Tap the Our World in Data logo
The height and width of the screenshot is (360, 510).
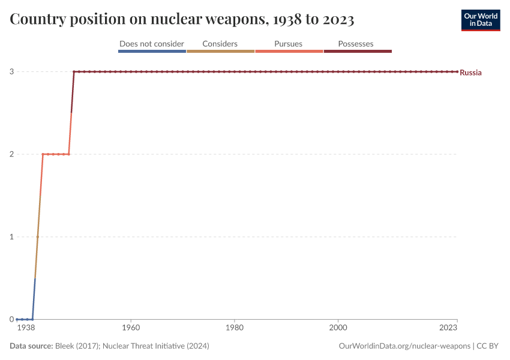pos(481,20)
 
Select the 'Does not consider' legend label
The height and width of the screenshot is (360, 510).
pos(152,44)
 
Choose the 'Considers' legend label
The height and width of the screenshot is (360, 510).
pos(220,44)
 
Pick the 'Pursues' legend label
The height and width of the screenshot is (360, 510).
pos(289,44)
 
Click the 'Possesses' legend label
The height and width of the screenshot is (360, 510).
pos(356,44)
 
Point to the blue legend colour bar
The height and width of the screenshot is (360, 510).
pos(152,52)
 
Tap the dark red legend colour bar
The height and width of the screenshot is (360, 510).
pos(358,52)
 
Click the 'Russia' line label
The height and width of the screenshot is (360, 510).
pos(470,73)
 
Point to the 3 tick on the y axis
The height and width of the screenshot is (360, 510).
pos(11,72)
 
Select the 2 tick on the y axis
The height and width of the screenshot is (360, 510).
pos(11,154)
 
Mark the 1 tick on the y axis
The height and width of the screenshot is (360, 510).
pos(11,236)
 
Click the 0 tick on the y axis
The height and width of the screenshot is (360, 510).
pos(11,319)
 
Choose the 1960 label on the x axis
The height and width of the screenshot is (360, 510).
pos(131,328)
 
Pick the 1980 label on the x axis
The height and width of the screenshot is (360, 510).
pos(235,328)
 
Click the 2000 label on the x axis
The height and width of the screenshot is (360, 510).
pos(338,328)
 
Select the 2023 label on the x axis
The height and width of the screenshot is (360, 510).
pos(449,328)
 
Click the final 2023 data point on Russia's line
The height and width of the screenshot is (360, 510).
pos(457,72)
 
